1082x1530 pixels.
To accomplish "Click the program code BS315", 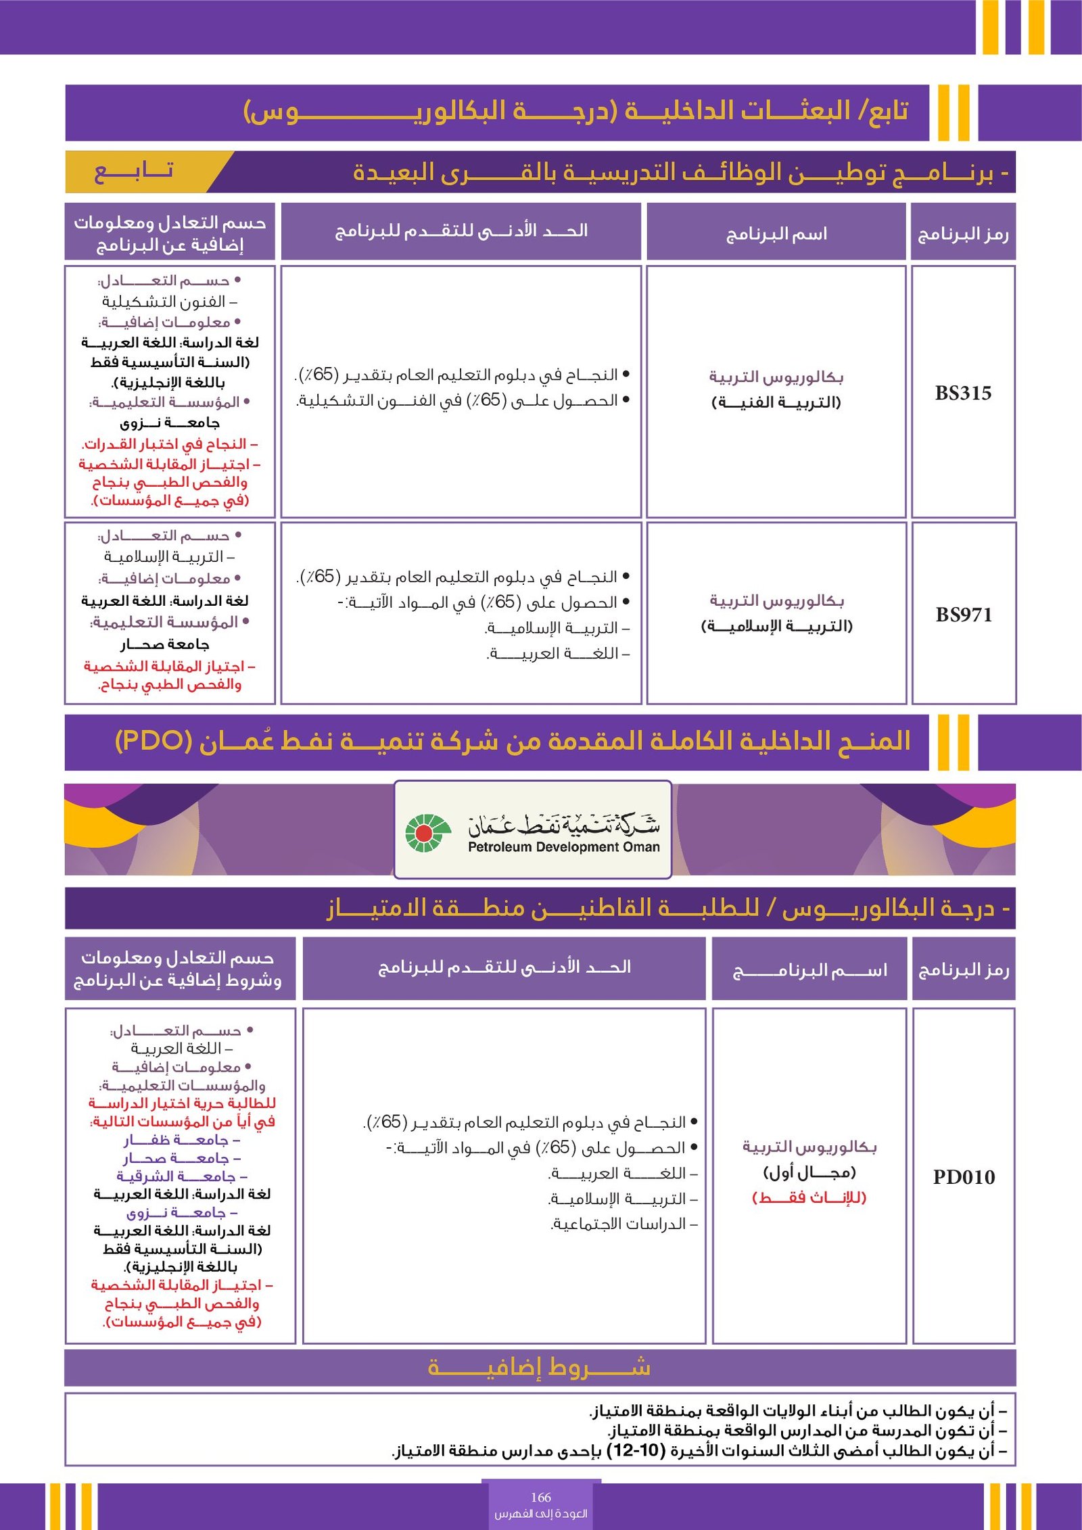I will point(963,393).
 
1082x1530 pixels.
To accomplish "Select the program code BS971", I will point(964,615).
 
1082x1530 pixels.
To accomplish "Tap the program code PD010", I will point(964,1176).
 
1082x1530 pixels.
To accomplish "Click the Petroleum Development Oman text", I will point(563,846).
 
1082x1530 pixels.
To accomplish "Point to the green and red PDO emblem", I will point(426,832).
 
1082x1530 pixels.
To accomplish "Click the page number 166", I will point(541,1497).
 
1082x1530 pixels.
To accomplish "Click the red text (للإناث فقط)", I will point(809,1197).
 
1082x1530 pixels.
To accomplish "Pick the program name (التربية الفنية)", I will point(776,402).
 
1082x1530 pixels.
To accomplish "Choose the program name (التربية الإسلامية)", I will point(776,626).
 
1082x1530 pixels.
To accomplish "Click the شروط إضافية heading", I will point(540,1366).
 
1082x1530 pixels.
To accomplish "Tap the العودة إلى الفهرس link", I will point(541,1513).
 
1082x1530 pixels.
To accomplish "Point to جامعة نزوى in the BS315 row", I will point(170,423).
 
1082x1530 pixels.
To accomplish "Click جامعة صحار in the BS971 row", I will point(165,644).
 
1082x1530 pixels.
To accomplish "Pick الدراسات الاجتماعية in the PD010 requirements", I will point(621,1224).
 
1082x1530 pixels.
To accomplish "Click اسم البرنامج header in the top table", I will point(776,234).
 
